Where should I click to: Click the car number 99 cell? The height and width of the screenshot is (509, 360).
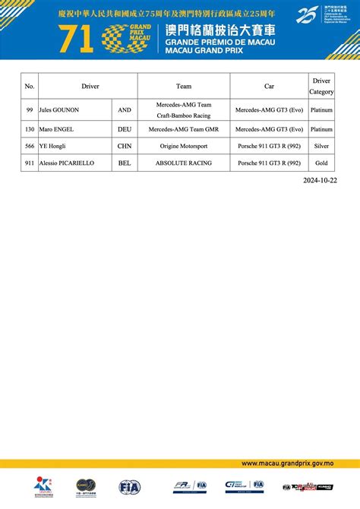tap(30, 109)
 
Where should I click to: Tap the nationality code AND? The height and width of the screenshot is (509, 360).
tap(125, 109)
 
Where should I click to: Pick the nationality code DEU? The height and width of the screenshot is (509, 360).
tap(125, 130)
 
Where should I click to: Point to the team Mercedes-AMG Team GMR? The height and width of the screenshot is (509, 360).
tap(183, 130)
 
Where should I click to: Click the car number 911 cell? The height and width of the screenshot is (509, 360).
tap(30, 162)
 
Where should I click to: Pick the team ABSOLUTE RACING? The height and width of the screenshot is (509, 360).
tap(183, 162)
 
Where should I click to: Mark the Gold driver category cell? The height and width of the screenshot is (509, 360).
tap(321, 162)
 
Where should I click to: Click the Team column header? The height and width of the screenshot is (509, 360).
tap(183, 86)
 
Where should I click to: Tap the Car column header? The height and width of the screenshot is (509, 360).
tap(269, 86)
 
